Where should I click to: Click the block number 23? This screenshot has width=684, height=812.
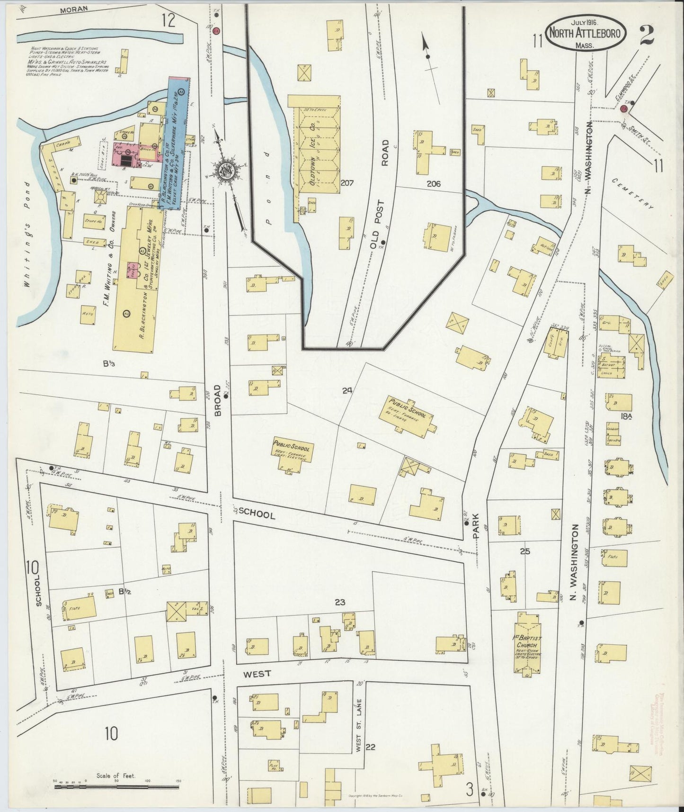tap(340, 602)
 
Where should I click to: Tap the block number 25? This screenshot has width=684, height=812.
tap(524, 551)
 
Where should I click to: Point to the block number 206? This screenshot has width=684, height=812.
tap(433, 184)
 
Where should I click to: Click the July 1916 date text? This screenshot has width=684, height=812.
tap(586, 22)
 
